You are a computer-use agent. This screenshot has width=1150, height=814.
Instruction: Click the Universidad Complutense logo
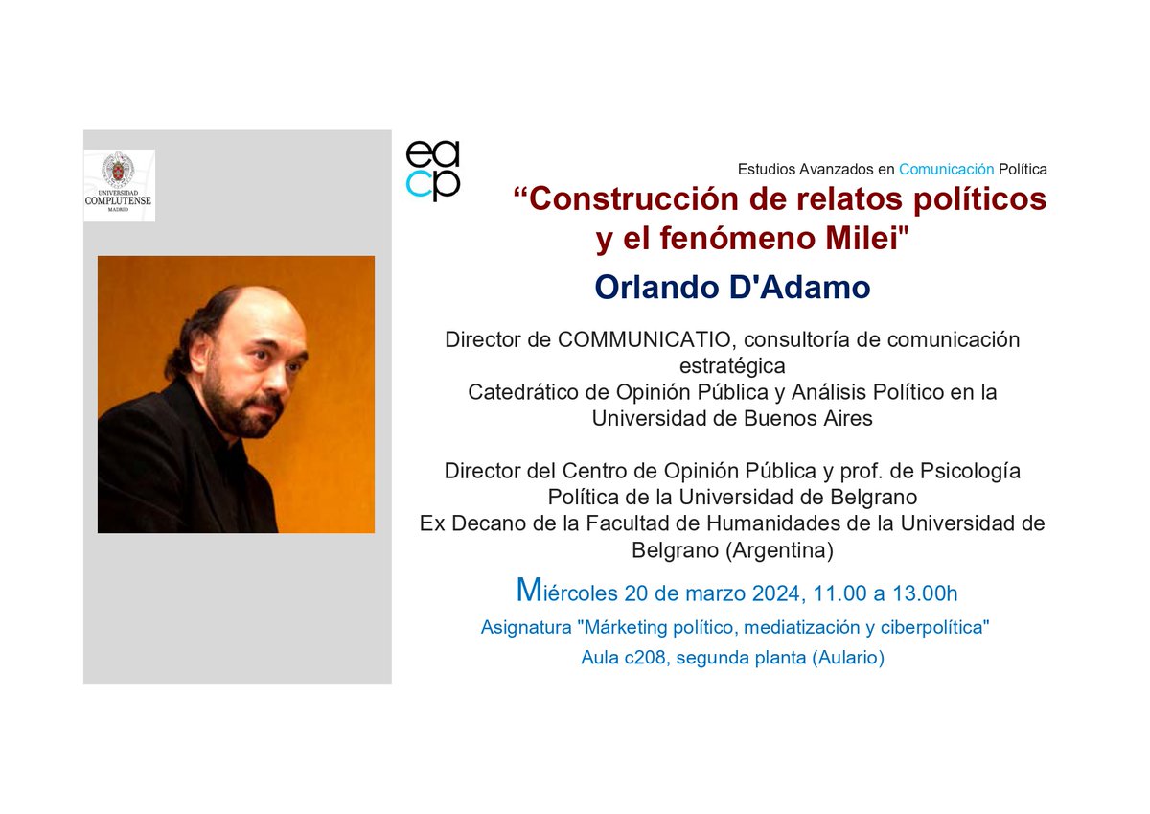point(119,185)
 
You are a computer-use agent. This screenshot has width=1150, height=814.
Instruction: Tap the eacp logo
point(433,171)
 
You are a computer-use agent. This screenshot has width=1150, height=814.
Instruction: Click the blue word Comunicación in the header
point(946,169)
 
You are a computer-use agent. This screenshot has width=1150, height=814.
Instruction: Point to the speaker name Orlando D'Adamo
point(732,288)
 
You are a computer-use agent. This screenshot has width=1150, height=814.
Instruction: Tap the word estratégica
point(732,366)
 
